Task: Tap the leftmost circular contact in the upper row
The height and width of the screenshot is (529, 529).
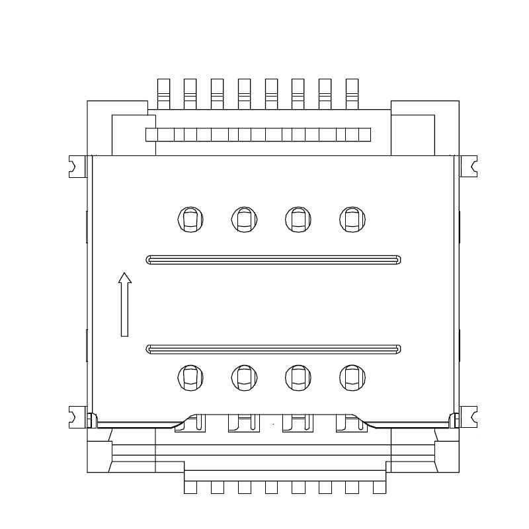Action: [x=190, y=219]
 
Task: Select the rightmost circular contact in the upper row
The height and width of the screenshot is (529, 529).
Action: [x=352, y=219]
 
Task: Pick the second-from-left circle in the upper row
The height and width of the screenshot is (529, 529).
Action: [x=244, y=219]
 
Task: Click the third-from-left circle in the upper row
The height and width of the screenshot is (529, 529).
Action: [x=298, y=219]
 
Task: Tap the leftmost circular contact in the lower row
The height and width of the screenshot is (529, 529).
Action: [x=190, y=377]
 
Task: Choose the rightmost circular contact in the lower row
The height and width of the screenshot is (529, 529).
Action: [x=352, y=377]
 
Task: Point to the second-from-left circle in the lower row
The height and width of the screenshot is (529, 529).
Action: [x=244, y=377]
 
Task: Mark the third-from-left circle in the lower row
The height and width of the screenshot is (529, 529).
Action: [x=298, y=377]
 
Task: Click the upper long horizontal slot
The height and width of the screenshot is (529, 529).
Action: [x=274, y=259]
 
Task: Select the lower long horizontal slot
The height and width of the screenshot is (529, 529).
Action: [x=274, y=348]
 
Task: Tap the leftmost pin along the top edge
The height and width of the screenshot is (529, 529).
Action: [x=163, y=93]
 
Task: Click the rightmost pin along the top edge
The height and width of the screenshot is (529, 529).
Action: [x=352, y=93]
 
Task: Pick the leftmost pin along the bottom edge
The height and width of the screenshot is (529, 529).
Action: [x=190, y=487]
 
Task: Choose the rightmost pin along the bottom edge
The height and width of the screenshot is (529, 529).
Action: [x=379, y=487]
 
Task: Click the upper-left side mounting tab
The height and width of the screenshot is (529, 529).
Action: [x=77, y=166]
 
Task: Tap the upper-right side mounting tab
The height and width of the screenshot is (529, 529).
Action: [x=468, y=166]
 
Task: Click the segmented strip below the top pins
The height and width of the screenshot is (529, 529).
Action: [x=258, y=135]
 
